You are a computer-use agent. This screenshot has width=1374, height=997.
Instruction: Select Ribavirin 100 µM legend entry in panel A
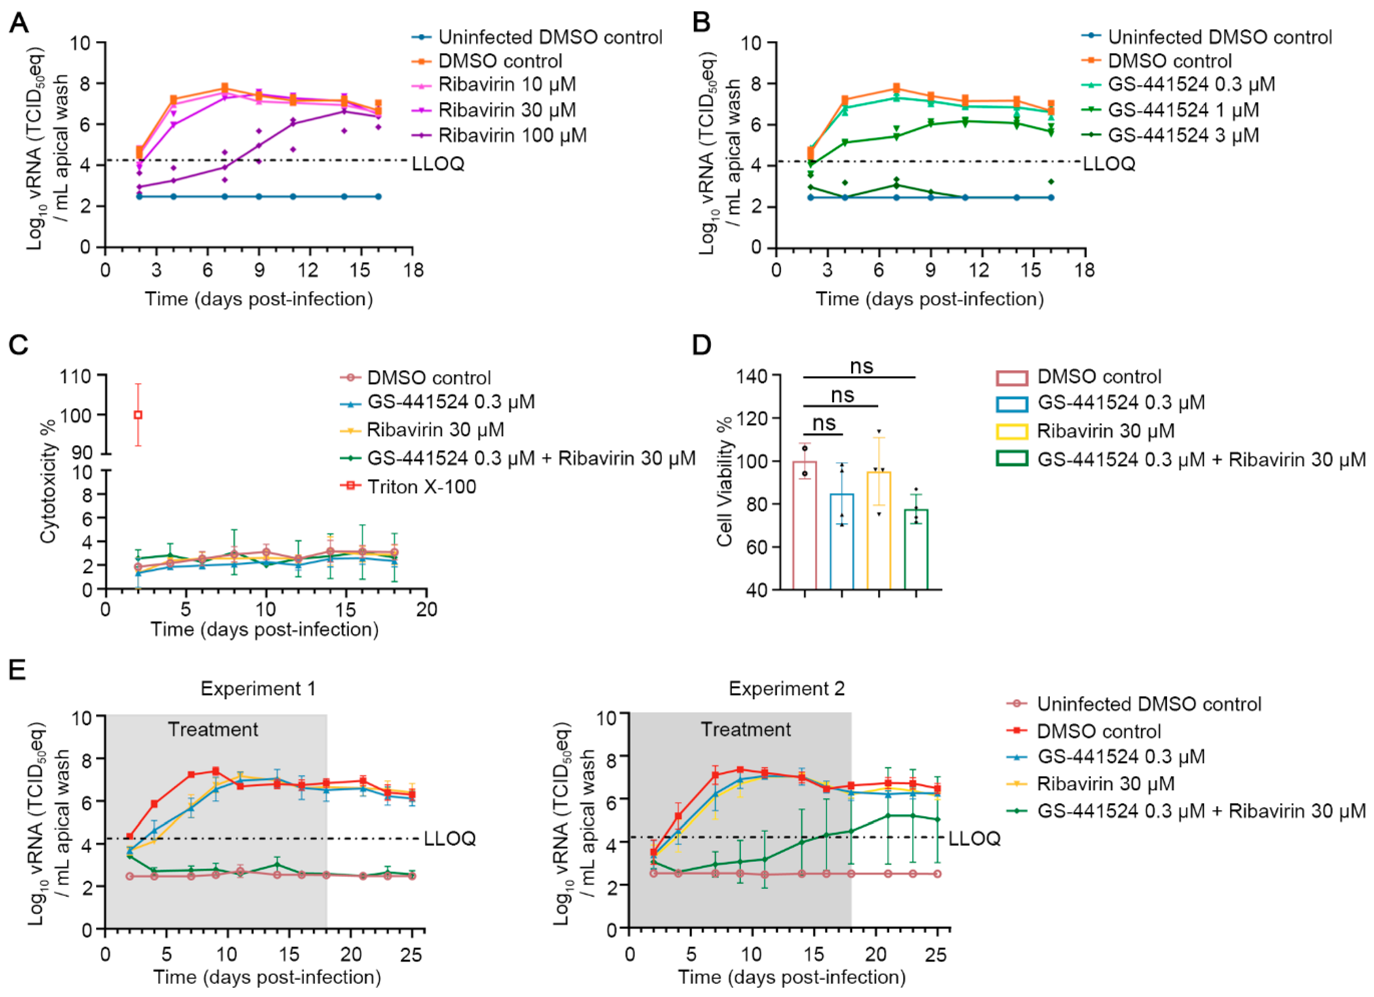512,135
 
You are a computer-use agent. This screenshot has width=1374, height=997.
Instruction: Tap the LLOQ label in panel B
1109,164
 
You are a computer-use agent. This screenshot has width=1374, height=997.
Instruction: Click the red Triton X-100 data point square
138,415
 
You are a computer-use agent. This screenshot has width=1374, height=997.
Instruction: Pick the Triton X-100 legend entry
421,487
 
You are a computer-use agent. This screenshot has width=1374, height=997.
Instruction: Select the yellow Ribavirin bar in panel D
879,530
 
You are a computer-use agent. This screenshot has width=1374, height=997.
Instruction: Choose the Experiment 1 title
258,689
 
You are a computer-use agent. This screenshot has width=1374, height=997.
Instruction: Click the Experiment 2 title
786,689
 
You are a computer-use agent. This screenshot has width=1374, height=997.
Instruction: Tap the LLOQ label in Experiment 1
450,839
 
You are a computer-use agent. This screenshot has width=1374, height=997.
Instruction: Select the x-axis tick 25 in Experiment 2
936,955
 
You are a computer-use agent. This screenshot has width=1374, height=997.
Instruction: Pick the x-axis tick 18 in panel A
413,270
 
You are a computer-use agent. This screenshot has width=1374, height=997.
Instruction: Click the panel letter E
17,671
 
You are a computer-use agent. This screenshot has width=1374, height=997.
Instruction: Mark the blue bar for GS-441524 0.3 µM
842,541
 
